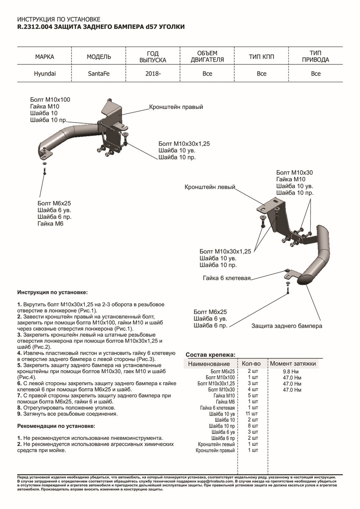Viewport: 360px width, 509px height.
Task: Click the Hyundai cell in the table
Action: tap(45, 73)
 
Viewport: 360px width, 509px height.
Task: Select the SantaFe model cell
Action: tap(98, 73)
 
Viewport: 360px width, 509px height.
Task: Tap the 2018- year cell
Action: tap(153, 73)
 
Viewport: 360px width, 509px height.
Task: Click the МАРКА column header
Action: tap(45, 56)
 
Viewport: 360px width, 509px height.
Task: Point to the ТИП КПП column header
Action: tap(261, 56)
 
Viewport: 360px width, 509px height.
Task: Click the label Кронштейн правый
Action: tap(176, 107)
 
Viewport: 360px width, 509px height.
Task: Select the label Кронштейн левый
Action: tap(210, 187)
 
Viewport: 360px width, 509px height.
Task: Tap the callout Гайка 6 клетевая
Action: tap(226, 278)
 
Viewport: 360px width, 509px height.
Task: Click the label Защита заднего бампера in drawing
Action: tap(287, 326)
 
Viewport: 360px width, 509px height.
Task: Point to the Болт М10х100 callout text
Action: tap(50, 100)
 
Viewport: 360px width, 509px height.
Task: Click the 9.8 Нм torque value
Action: tap(292, 372)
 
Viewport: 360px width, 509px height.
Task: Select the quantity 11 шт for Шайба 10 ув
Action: tap(252, 414)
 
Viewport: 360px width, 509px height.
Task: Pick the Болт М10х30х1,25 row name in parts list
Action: tap(216, 383)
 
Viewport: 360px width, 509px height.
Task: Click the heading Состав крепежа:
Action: tap(211, 355)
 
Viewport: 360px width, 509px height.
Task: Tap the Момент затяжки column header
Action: tap(293, 364)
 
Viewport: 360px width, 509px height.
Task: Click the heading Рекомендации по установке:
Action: tap(56, 425)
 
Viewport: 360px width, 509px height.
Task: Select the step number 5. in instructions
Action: tap(20, 365)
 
